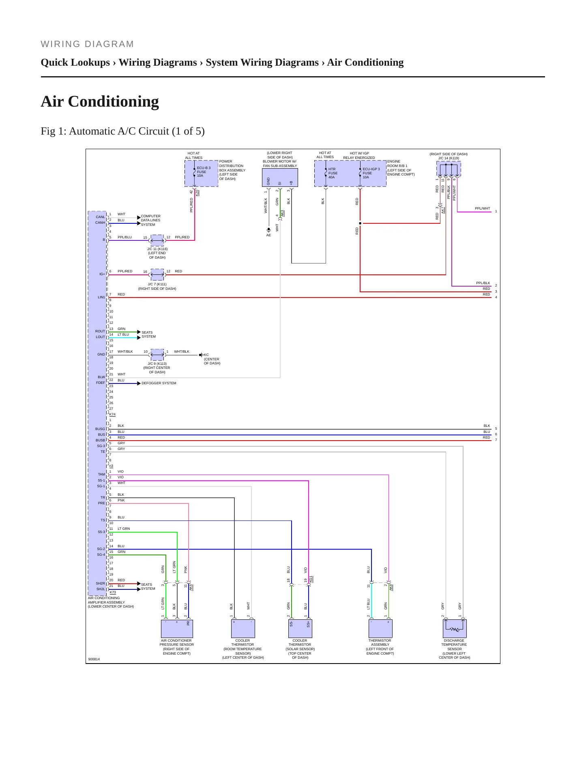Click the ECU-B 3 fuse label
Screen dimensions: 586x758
(204, 172)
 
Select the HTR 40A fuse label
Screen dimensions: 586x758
(333, 173)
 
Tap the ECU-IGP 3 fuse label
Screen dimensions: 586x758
(371, 173)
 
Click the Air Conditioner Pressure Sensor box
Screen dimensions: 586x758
(177, 628)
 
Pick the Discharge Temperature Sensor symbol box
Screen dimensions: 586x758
(455, 628)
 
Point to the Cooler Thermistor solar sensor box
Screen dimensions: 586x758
(300, 628)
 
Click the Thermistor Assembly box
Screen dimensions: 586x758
(380, 628)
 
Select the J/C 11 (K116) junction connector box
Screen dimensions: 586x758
(157, 240)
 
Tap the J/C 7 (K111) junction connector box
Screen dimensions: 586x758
(157, 274)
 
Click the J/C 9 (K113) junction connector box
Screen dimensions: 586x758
(157, 355)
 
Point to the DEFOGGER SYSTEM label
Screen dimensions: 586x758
(159, 383)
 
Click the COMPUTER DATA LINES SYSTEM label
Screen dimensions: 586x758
(150, 221)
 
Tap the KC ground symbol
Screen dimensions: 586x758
(201, 355)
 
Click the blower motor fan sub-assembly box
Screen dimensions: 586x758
(280, 178)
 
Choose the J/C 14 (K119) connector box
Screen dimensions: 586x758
(449, 168)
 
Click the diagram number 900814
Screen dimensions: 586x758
(94, 659)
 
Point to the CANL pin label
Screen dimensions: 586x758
(100, 217)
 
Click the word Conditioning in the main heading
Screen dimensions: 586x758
(114, 101)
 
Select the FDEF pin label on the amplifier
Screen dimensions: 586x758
(101, 383)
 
